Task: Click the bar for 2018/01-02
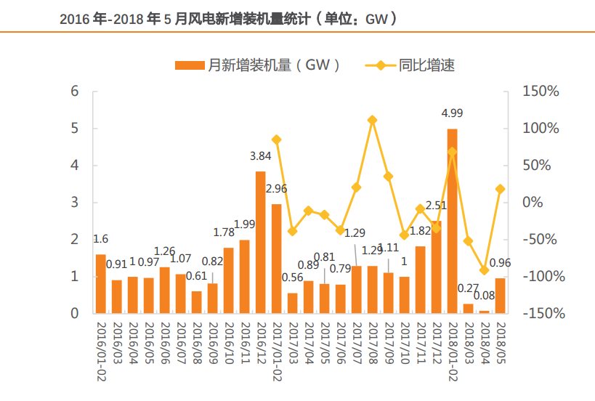(452, 221)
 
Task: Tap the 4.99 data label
(452, 113)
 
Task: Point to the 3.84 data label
(260, 155)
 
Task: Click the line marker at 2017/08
(372, 120)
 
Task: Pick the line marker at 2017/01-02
(276, 139)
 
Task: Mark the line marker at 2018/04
(484, 270)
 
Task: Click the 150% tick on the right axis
(541, 91)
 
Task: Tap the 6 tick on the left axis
(74, 91)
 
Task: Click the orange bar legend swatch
(190, 65)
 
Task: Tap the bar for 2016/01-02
(100, 283)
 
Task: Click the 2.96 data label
(277, 189)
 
